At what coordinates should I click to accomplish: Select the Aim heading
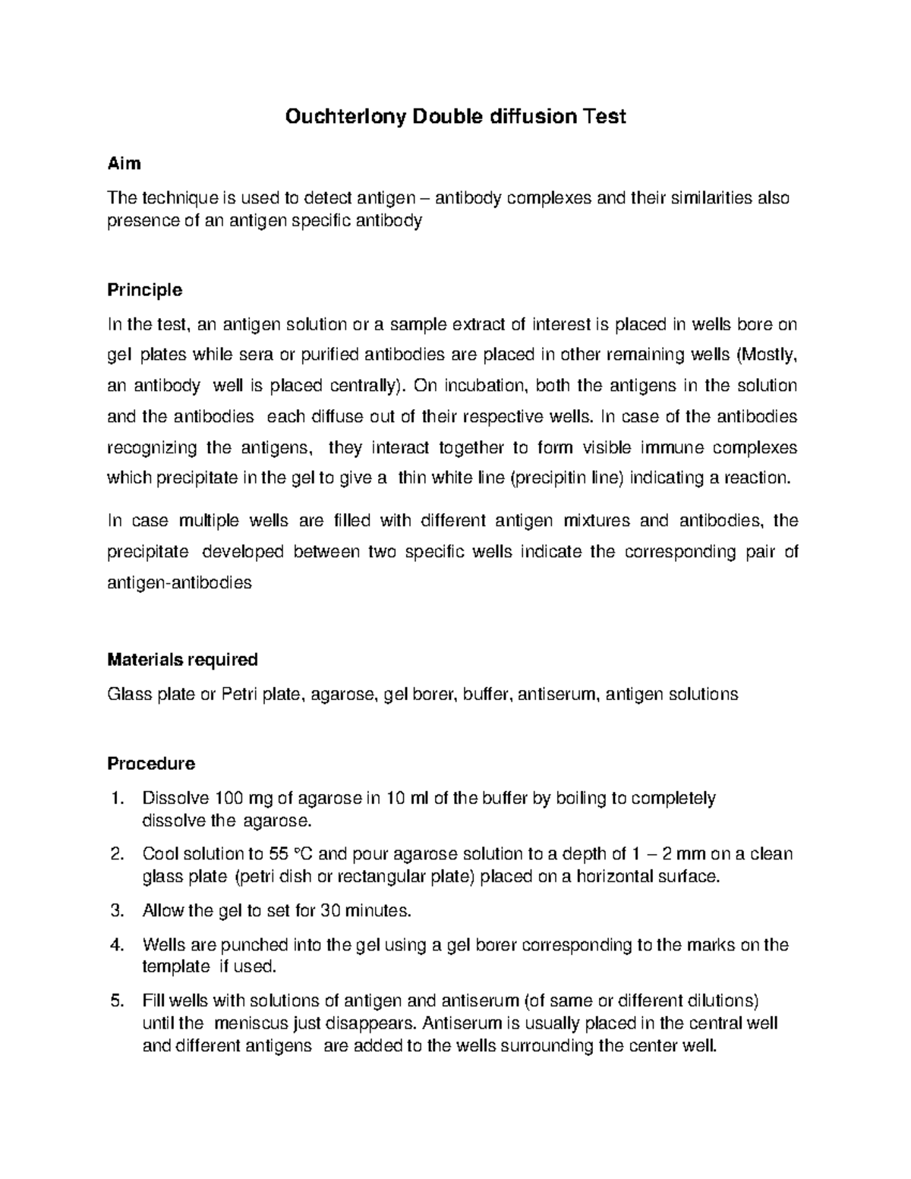click(x=124, y=163)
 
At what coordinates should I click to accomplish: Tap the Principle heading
click(x=144, y=290)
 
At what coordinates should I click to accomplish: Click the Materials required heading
click(x=182, y=659)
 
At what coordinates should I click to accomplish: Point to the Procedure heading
click(x=151, y=763)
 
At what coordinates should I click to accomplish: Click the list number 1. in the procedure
click(x=116, y=799)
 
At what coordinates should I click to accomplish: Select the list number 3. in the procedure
click(x=116, y=910)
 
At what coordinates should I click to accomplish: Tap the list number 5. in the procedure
click(x=116, y=1000)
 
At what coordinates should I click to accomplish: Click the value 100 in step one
click(x=230, y=799)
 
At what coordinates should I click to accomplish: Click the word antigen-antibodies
click(x=179, y=583)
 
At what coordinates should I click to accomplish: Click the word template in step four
click(x=176, y=966)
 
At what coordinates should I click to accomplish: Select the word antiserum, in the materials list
click(x=558, y=694)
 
